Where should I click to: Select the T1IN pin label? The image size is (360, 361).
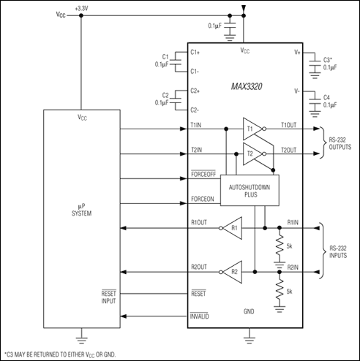coord(197,126)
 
